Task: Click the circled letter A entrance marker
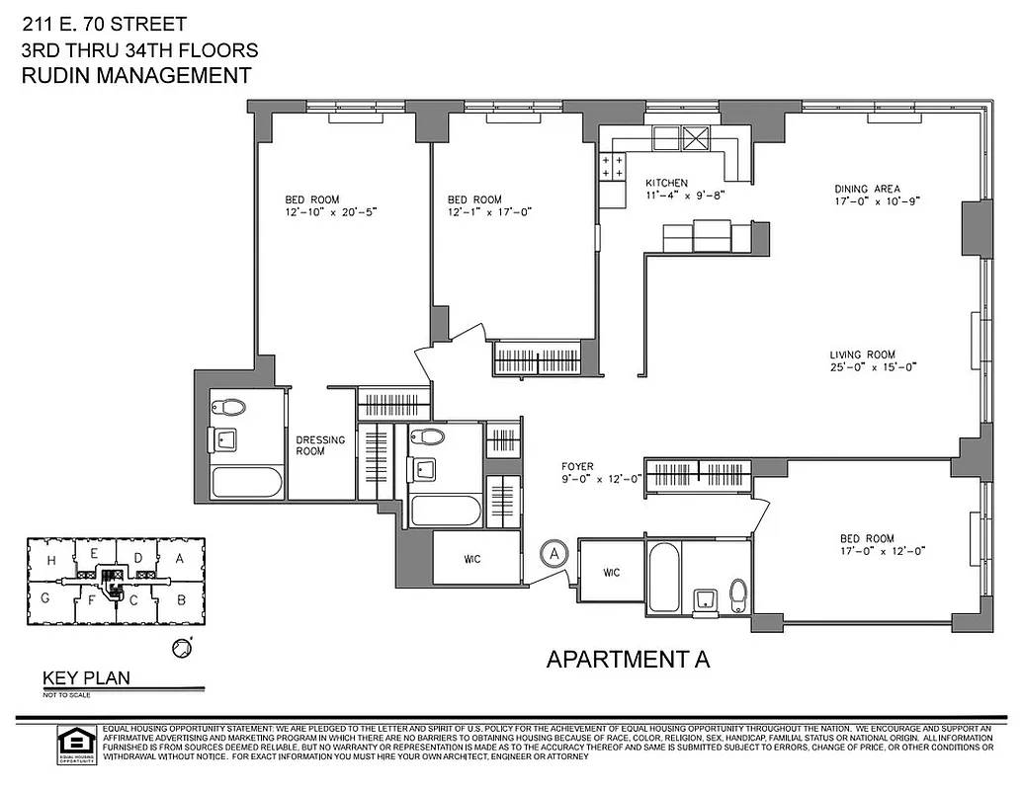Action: click(554, 554)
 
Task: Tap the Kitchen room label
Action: click(666, 184)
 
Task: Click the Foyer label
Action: click(577, 467)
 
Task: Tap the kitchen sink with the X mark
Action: click(698, 139)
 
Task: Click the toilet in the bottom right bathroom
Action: click(737, 594)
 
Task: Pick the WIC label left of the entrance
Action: click(475, 559)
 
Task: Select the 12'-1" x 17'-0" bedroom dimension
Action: click(489, 211)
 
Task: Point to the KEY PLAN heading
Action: click(85, 678)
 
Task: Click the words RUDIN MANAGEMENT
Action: click(135, 76)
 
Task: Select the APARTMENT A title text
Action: click(629, 659)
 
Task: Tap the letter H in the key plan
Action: click(49, 560)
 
